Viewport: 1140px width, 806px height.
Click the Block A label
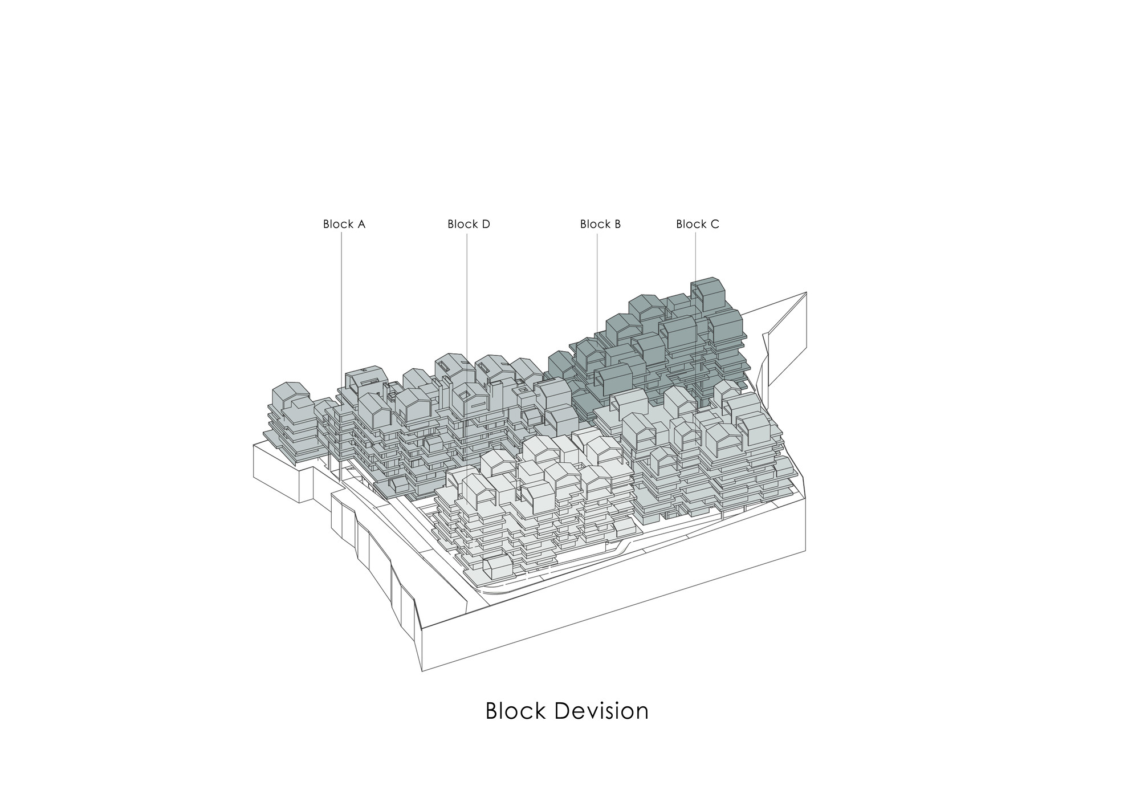[344, 224]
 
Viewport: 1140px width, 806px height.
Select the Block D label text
[469, 224]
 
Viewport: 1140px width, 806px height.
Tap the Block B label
[600, 224]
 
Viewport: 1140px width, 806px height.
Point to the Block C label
[697, 224]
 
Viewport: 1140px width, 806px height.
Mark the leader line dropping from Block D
[467, 296]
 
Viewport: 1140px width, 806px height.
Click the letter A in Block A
[361, 224]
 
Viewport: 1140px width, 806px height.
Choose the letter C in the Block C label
[715, 224]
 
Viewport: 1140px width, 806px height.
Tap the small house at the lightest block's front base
[495, 566]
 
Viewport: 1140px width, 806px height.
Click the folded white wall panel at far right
[787, 336]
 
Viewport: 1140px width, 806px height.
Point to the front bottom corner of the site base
[422, 670]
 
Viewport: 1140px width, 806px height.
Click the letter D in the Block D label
[485, 224]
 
